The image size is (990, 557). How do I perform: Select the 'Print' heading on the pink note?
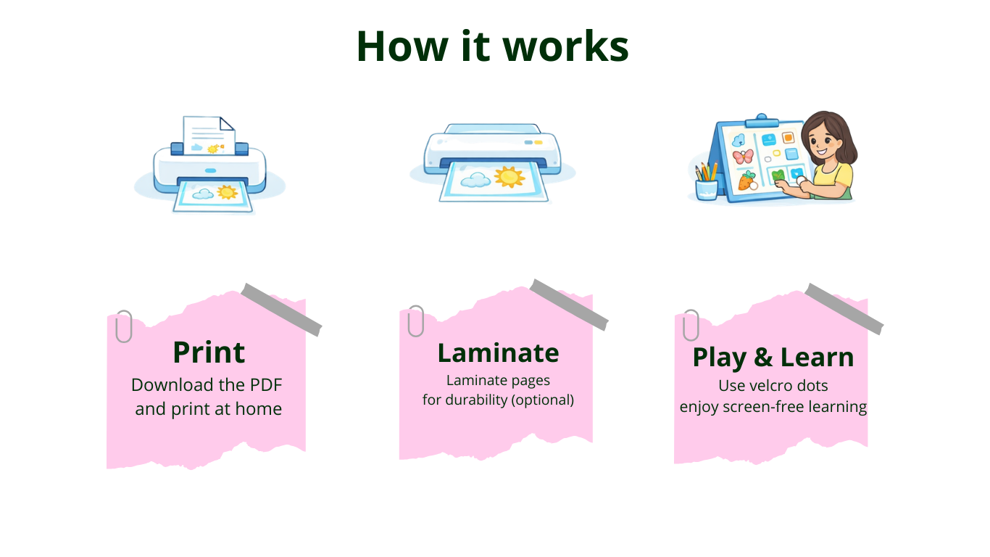[209, 352]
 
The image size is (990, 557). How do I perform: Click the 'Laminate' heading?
[498, 353]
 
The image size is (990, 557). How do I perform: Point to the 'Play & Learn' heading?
[773, 358]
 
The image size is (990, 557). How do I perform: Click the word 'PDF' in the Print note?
[266, 385]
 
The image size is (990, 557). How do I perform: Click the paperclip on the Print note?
[124, 326]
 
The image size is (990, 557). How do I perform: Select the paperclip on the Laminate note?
[416, 321]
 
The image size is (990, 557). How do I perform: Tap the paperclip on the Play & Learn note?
[691, 325]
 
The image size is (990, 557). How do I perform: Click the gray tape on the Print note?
[281, 310]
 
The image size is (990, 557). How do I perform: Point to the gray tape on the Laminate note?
[569, 305]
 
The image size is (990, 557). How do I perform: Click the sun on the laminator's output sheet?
[509, 177]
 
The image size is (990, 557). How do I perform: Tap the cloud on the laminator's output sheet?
[475, 180]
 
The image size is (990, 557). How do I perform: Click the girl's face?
[823, 141]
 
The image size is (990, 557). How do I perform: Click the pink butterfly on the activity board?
[743, 156]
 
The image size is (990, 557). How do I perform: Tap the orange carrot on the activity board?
[747, 181]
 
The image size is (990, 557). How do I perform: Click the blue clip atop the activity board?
[762, 121]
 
